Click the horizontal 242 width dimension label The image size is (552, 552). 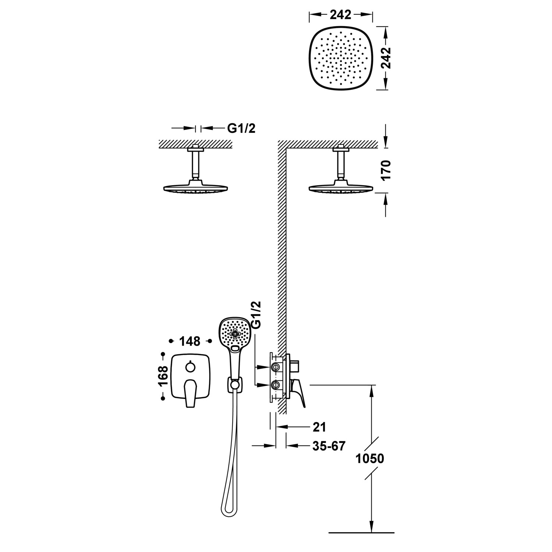[x=340, y=15]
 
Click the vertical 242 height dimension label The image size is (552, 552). [x=385, y=58]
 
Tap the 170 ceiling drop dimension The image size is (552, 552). [x=385, y=170]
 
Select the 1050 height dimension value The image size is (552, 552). [x=369, y=459]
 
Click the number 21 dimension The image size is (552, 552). [x=319, y=427]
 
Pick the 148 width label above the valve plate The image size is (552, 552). [x=190, y=341]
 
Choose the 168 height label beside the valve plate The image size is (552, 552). [x=163, y=376]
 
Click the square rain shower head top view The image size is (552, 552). [x=340, y=58]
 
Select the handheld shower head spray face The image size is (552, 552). [x=235, y=334]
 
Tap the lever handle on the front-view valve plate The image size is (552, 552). [x=190, y=393]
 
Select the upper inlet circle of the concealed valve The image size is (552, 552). [x=275, y=367]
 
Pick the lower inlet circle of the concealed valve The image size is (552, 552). [x=275, y=385]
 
